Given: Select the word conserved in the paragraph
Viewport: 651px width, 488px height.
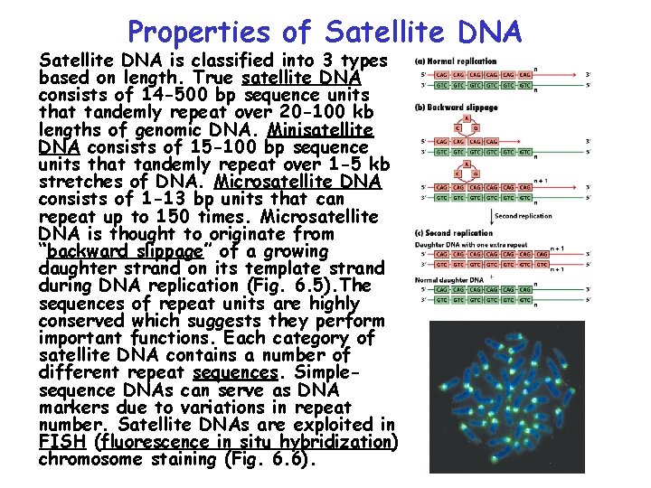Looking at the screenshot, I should (81, 321).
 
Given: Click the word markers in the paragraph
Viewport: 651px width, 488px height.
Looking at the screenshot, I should (72, 408).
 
